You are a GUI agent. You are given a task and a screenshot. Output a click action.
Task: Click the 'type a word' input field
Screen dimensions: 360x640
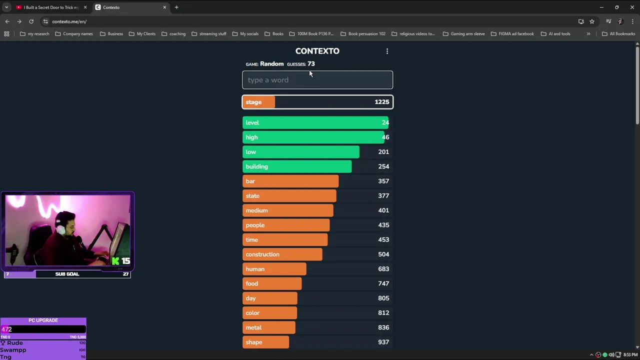(x=317, y=80)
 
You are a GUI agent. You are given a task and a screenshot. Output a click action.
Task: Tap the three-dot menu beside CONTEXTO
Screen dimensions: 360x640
(x=387, y=51)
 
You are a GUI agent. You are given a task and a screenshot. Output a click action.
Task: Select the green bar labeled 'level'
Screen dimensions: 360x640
(x=315, y=122)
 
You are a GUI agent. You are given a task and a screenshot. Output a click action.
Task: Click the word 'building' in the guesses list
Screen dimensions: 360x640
(x=257, y=166)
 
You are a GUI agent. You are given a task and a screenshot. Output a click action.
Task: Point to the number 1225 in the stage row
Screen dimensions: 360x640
(x=381, y=102)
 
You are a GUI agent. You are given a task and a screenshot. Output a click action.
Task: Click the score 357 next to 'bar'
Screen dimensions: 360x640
(x=383, y=181)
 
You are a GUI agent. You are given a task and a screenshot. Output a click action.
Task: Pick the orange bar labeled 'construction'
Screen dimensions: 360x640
(x=282, y=254)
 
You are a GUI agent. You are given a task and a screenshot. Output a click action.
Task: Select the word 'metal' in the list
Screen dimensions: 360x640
(x=253, y=327)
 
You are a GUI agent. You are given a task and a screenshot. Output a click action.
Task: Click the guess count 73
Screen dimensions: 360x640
(x=311, y=64)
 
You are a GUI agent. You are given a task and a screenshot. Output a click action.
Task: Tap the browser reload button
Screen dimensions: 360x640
(x=31, y=21)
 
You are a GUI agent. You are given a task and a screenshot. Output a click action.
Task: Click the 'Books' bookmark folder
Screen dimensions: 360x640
(x=277, y=34)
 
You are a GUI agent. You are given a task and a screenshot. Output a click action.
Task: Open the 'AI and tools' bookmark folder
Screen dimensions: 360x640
(x=559, y=34)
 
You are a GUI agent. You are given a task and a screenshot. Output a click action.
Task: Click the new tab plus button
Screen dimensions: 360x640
(x=176, y=7)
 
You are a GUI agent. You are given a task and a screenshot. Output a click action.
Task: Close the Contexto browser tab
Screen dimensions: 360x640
(x=164, y=7)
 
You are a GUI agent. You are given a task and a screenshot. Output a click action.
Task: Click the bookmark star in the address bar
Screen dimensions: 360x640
(x=592, y=21)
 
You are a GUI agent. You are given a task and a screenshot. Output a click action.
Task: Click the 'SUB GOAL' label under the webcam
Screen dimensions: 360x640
(x=67, y=274)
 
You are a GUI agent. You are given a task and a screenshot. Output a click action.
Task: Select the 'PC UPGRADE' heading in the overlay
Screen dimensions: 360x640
(x=43, y=320)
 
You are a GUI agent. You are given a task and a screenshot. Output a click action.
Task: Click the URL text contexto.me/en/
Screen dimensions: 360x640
(x=69, y=21)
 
